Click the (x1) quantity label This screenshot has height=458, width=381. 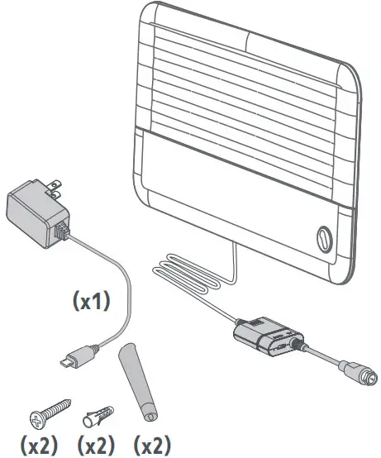pyautogui.click(x=92, y=302)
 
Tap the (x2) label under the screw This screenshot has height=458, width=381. pyautogui.click(x=39, y=445)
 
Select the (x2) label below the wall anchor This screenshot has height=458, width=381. pyautogui.click(x=96, y=445)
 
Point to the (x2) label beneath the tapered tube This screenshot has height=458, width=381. pyautogui.click(x=152, y=445)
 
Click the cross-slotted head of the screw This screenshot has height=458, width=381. pyautogui.click(x=38, y=421)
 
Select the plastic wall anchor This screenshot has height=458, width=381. pyautogui.click(x=98, y=415)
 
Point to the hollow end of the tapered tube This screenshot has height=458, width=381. pyautogui.click(x=151, y=416)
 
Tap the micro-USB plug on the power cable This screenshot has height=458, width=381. pyautogui.click(x=78, y=356)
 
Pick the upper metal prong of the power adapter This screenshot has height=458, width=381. pyautogui.click(x=55, y=184)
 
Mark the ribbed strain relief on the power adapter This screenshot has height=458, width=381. pyautogui.click(x=62, y=230)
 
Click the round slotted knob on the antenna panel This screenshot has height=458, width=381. pyautogui.click(x=324, y=239)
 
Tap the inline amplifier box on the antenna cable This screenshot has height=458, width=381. pyautogui.click(x=267, y=336)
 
